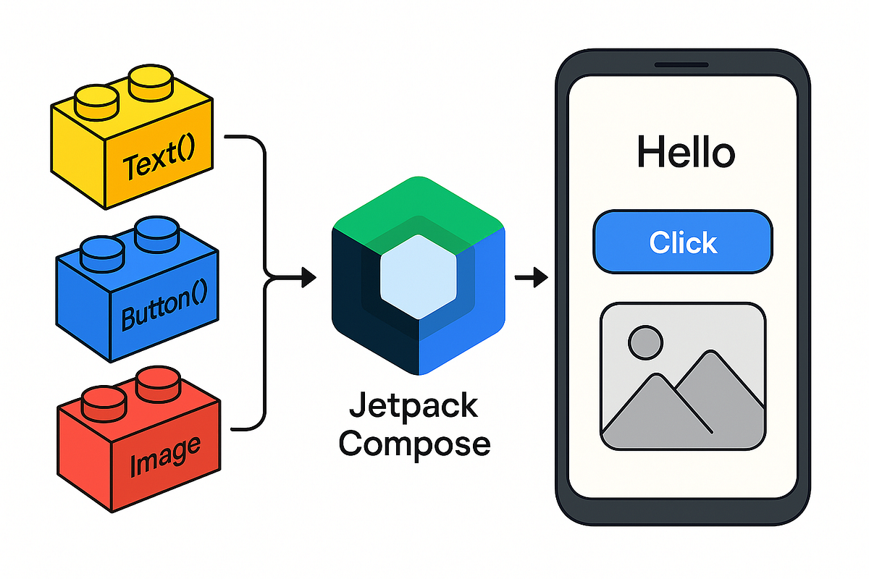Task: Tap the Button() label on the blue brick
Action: tap(164, 309)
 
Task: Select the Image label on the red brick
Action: tap(164, 455)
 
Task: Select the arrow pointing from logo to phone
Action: tap(532, 276)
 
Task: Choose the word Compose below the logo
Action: tap(414, 444)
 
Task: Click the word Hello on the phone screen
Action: tap(685, 153)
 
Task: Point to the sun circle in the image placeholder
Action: tap(645, 342)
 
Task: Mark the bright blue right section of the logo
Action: tap(478, 304)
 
